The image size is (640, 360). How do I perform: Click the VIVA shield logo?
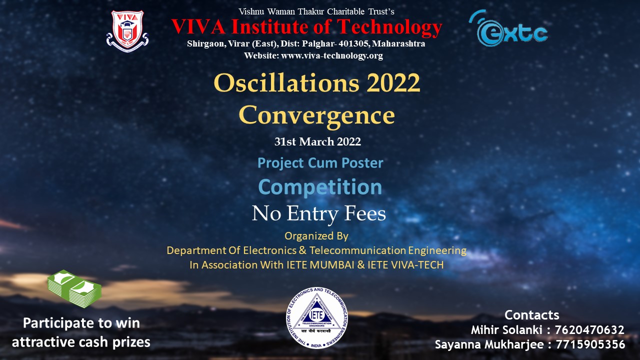(x=127, y=31)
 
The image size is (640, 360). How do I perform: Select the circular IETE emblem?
(x=317, y=318)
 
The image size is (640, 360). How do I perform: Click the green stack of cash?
(x=74, y=288)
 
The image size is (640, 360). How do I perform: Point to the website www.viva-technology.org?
(x=332, y=55)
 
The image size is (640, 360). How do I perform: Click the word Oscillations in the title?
(x=286, y=83)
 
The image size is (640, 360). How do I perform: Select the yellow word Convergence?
(x=317, y=115)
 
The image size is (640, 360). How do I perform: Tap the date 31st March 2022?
(x=317, y=141)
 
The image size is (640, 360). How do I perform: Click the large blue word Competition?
(x=320, y=187)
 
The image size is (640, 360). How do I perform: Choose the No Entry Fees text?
(x=319, y=213)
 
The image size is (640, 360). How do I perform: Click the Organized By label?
(x=316, y=236)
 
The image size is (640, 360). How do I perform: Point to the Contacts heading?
(x=531, y=315)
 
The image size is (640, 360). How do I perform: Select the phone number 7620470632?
(x=589, y=330)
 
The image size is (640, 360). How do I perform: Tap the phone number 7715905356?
(x=590, y=344)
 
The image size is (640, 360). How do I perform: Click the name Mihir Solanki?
(x=506, y=330)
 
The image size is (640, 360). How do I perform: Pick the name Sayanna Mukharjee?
(x=489, y=345)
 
